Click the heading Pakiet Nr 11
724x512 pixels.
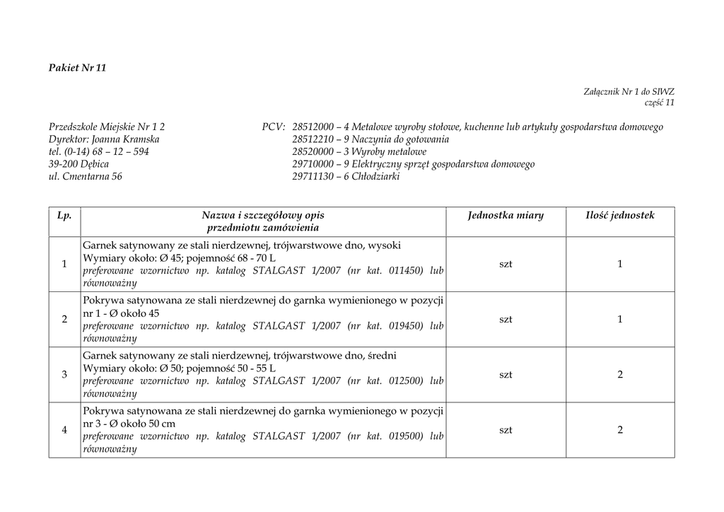(x=77, y=68)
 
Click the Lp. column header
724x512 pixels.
(x=64, y=215)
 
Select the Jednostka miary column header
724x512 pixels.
(x=506, y=215)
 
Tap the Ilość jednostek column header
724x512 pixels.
(x=620, y=215)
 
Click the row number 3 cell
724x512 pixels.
(x=64, y=375)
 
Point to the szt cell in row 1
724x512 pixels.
(x=506, y=264)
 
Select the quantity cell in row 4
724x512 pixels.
(x=620, y=430)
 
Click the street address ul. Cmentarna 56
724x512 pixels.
(x=86, y=177)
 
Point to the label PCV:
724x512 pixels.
(x=274, y=127)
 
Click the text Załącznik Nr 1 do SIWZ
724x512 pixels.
(x=629, y=91)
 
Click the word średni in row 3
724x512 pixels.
(x=385, y=356)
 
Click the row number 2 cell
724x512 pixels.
(x=64, y=320)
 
